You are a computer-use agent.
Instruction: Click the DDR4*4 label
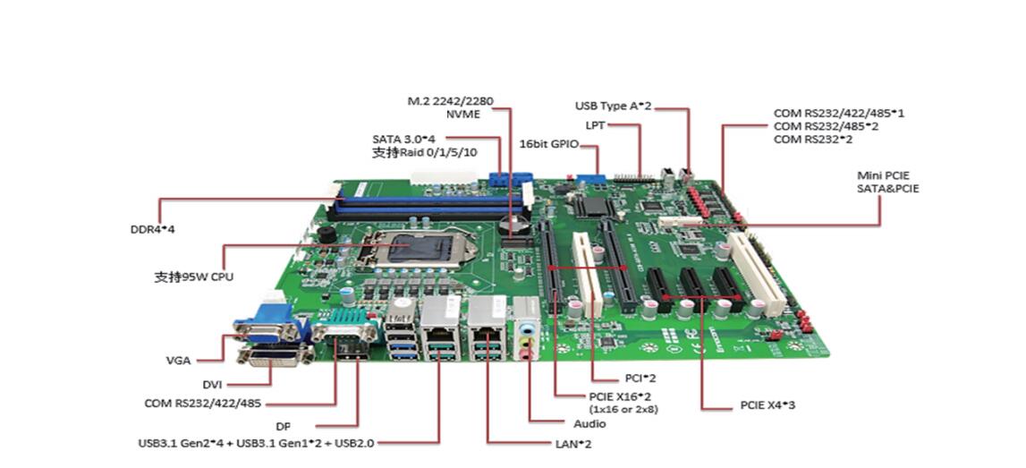click(152, 229)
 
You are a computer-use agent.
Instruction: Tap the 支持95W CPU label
click(193, 277)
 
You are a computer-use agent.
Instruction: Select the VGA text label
click(178, 361)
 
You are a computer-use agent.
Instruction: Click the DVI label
click(211, 384)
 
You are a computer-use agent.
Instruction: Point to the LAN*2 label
click(573, 443)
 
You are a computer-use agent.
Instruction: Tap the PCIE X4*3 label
click(767, 405)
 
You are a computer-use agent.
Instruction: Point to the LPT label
click(595, 124)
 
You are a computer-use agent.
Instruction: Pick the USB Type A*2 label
click(613, 106)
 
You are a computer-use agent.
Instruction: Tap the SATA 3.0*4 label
click(403, 139)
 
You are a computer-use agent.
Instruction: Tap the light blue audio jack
click(528, 328)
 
